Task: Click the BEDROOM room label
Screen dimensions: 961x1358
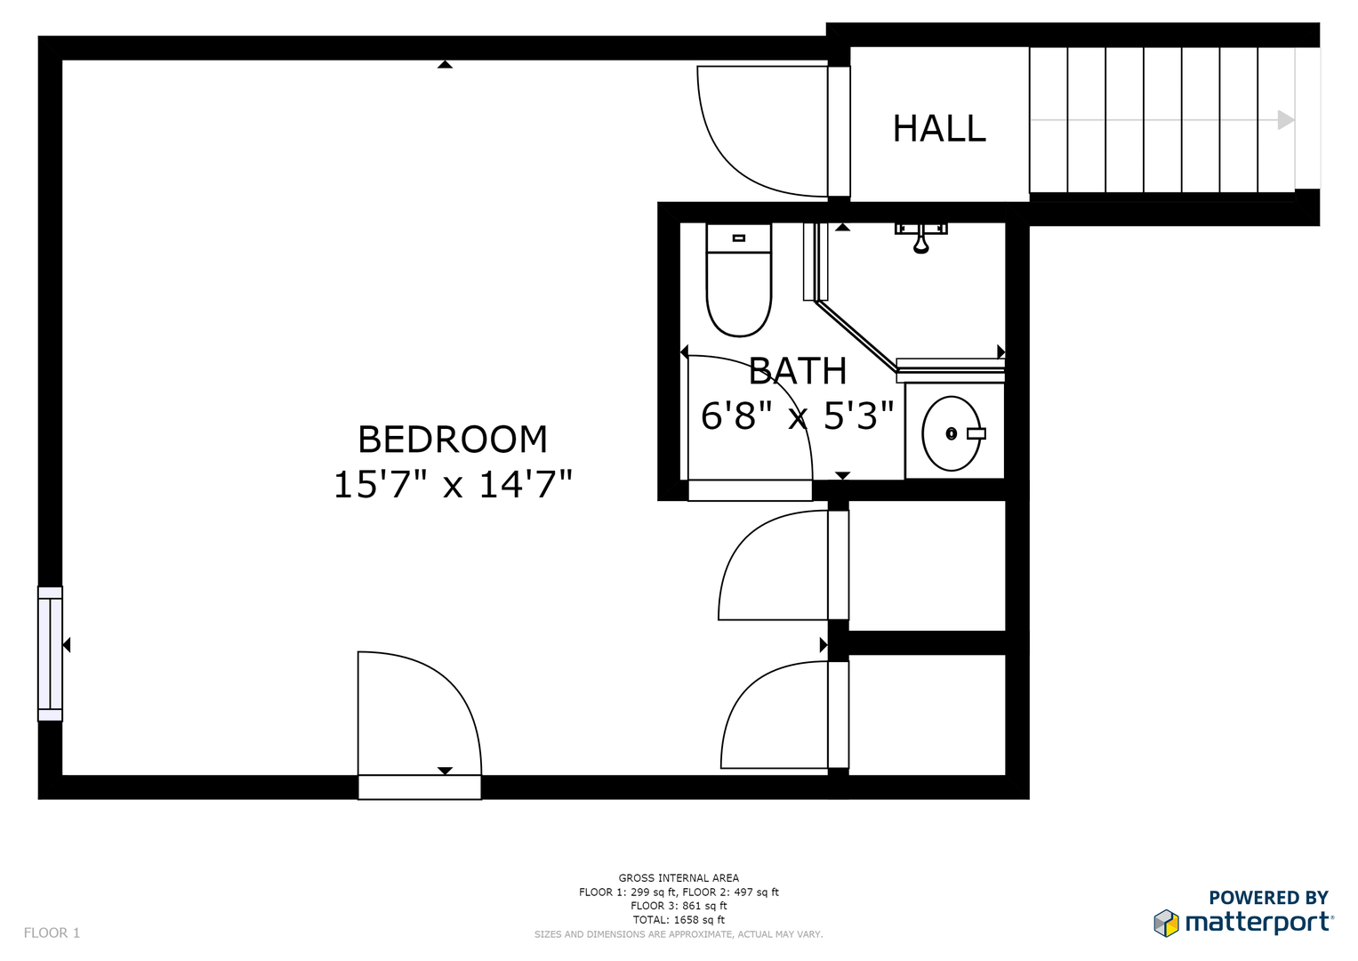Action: click(452, 440)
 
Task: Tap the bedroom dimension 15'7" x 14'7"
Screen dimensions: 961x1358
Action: click(452, 485)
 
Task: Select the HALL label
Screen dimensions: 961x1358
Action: click(939, 129)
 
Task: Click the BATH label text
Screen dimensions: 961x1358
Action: click(797, 372)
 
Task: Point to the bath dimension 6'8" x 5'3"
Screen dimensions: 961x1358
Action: click(797, 416)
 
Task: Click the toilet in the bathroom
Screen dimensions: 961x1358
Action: click(738, 280)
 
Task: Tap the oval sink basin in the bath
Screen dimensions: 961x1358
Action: click(952, 433)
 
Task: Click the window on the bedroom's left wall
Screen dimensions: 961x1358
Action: click(50, 653)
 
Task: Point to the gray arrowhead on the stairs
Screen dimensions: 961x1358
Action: click(1285, 120)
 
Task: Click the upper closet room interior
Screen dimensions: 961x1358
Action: click(927, 565)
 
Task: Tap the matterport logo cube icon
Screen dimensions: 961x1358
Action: click(1166, 923)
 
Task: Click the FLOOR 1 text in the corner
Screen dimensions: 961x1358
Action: click(52, 933)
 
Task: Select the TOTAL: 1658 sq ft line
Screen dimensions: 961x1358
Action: click(679, 920)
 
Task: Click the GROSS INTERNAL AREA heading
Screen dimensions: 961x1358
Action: click(679, 878)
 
